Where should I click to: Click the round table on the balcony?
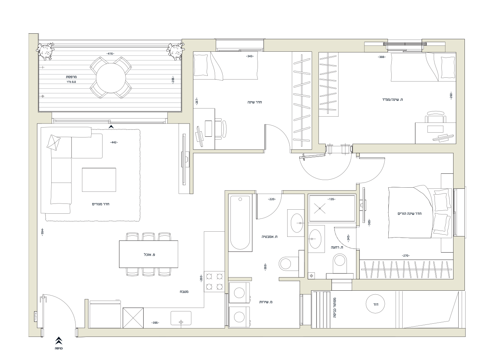tap(111, 78)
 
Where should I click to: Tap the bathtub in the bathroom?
tap(240, 223)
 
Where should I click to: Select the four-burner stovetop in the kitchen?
tap(214, 282)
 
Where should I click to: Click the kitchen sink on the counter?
tap(181, 318)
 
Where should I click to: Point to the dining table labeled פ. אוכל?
tap(149, 254)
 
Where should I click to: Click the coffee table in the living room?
tap(99, 180)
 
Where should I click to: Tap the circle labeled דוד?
tap(375, 304)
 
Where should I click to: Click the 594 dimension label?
tap(42, 232)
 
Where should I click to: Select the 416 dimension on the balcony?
tap(110, 54)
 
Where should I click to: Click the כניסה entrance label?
tap(59, 349)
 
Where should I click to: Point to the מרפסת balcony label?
tap(71, 77)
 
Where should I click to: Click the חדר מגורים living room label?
tap(101, 204)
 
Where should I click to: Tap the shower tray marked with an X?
tap(332, 208)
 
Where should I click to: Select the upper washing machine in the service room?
tap(239, 293)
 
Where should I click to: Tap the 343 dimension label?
tap(250, 56)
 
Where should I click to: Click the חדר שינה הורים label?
tap(410, 214)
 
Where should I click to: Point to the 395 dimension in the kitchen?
tap(155, 323)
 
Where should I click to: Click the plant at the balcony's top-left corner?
tap(45, 51)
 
